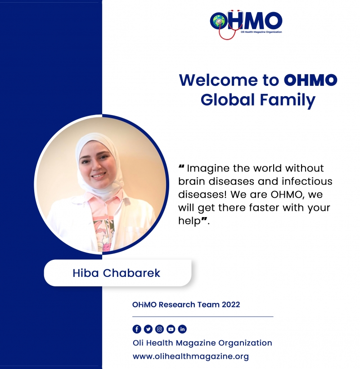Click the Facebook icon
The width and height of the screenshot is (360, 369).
pyautogui.click(x=137, y=329)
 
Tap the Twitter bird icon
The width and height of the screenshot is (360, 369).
pyautogui.click(x=148, y=329)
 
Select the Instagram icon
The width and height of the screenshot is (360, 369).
pyautogui.click(x=159, y=329)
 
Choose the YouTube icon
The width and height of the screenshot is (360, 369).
pyautogui.click(x=171, y=329)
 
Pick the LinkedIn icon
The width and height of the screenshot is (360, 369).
pyautogui.click(x=182, y=329)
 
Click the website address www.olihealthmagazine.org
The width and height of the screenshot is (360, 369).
pyautogui.click(x=191, y=356)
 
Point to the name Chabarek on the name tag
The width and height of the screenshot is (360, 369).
pyautogui.click(x=131, y=273)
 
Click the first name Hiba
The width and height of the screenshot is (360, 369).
pyautogui.click(x=85, y=273)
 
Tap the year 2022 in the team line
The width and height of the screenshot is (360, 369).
pyautogui.click(x=231, y=305)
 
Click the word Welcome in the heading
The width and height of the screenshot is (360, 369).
pyautogui.click(x=219, y=80)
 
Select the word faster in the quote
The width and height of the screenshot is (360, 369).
pyautogui.click(x=264, y=208)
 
